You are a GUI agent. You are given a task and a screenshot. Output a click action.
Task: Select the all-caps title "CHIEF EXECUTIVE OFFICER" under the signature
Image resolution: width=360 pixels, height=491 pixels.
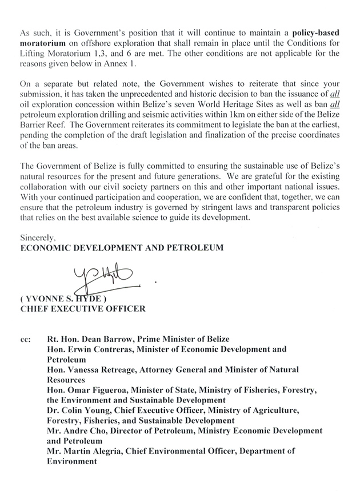point(83,309)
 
